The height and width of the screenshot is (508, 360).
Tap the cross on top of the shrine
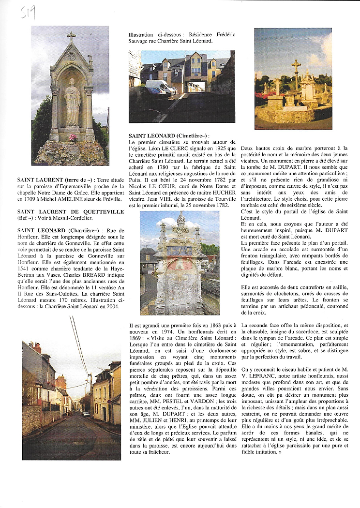71,36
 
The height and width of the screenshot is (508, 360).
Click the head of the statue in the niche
72,82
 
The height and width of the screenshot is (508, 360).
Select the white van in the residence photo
160,87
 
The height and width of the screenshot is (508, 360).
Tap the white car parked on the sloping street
86,414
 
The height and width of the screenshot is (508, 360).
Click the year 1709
30,199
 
